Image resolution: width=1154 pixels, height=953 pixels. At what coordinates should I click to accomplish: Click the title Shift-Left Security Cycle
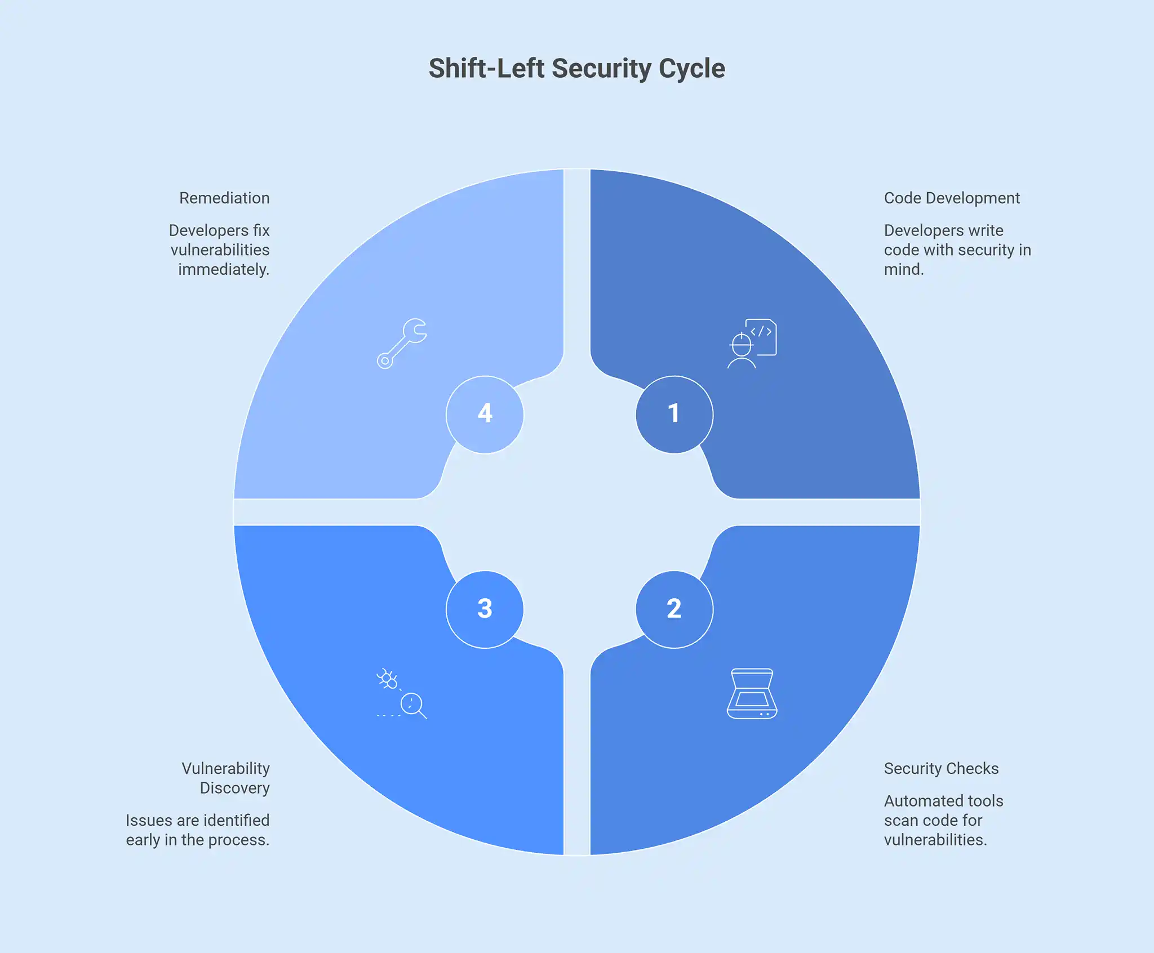[576, 69]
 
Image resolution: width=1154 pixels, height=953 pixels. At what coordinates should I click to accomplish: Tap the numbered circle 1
[674, 415]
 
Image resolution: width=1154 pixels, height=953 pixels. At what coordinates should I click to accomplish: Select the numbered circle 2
[674, 609]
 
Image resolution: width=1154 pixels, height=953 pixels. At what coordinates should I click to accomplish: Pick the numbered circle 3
[485, 609]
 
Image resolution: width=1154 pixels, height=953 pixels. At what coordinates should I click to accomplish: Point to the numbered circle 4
[485, 415]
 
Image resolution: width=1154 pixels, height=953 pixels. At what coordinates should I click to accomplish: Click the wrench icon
[402, 344]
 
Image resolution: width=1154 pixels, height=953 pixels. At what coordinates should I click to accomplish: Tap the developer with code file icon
[752, 344]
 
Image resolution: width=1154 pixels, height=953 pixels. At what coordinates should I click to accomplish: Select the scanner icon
[752, 693]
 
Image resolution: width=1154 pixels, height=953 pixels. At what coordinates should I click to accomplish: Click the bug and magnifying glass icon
[402, 693]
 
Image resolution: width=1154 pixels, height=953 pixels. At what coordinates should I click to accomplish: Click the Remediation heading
[224, 198]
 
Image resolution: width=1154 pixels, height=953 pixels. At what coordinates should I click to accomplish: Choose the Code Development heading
[952, 198]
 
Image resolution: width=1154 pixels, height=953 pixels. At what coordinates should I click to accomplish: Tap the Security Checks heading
[941, 769]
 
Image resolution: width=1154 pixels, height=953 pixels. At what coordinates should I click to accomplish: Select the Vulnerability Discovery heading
[226, 778]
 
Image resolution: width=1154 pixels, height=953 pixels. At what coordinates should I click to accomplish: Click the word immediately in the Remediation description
[223, 270]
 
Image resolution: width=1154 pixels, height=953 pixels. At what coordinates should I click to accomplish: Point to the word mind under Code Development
[904, 270]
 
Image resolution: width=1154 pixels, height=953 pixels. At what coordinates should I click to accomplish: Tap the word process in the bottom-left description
[239, 840]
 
